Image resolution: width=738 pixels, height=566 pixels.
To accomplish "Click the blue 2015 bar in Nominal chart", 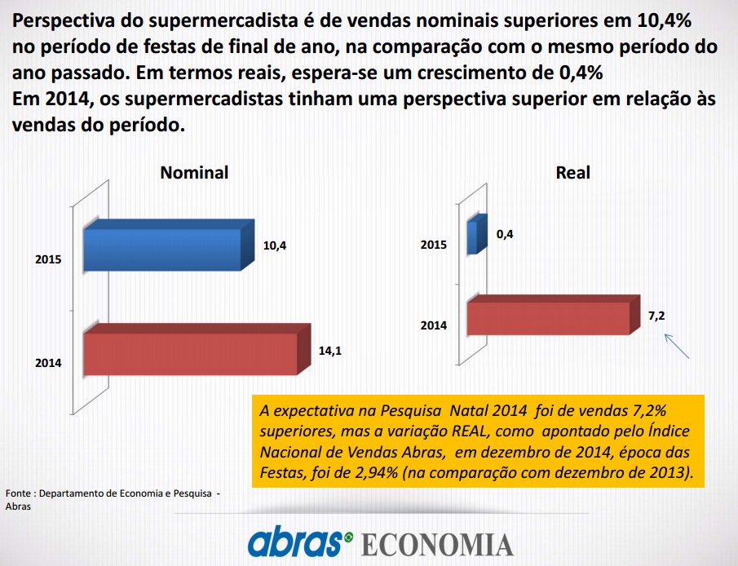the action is click(x=169, y=245).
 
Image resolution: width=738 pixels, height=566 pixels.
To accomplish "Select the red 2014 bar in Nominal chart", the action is click(x=197, y=349).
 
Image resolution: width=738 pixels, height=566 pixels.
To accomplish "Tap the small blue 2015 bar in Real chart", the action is click(x=477, y=234).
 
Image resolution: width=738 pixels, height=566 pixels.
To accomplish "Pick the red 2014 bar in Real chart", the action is click(x=554, y=315).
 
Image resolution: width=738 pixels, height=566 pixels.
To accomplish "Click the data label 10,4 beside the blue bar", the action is click(x=274, y=245).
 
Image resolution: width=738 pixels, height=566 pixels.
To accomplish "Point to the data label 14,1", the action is click(x=330, y=351).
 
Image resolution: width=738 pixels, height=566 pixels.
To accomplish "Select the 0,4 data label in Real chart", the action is click(x=505, y=235).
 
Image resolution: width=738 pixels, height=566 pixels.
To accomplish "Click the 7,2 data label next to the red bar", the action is click(x=656, y=316).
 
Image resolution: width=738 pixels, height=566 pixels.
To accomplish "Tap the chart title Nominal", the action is click(x=194, y=172).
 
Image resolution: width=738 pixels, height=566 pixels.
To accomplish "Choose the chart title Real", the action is click(x=572, y=172).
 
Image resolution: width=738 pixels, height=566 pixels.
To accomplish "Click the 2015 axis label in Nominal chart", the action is click(x=48, y=259).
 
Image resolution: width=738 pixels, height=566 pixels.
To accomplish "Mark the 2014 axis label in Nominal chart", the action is click(x=48, y=363).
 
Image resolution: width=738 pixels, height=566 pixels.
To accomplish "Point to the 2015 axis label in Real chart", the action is click(x=434, y=245).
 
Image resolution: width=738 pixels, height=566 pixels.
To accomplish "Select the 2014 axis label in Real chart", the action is click(x=434, y=325).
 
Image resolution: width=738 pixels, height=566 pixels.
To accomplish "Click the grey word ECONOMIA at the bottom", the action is click(x=437, y=545).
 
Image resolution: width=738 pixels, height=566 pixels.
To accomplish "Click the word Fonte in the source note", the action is click(x=18, y=493).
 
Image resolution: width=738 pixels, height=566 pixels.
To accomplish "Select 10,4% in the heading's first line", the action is click(x=664, y=20).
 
